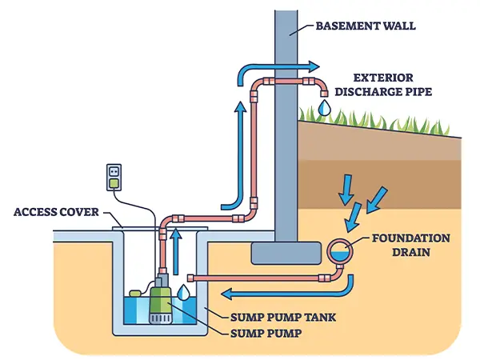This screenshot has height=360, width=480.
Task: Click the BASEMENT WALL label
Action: click(366, 26)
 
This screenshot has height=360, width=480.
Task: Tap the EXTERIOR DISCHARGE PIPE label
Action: click(383, 85)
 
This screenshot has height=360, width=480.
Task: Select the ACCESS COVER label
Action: click(56, 212)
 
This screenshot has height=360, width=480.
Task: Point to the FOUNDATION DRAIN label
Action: click(411, 246)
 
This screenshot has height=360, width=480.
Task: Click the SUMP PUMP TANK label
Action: click(283, 317)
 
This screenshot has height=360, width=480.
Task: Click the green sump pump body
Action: click(160, 302)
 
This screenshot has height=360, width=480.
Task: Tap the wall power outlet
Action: click(114, 178)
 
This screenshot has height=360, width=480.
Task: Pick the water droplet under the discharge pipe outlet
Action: click(324, 107)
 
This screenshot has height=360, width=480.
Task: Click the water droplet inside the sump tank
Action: click(184, 292)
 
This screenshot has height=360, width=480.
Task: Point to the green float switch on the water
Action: click(135, 294)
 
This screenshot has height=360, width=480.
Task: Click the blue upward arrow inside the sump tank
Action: click(176, 251)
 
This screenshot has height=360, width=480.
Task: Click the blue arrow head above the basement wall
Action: click(314, 66)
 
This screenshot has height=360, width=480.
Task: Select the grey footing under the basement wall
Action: click(286, 253)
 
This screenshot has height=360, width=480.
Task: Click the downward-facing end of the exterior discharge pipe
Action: click(324, 93)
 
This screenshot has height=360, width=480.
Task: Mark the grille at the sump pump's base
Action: click(159, 318)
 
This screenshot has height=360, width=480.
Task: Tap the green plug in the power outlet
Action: click(114, 184)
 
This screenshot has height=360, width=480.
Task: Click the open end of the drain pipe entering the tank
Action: click(190, 278)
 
